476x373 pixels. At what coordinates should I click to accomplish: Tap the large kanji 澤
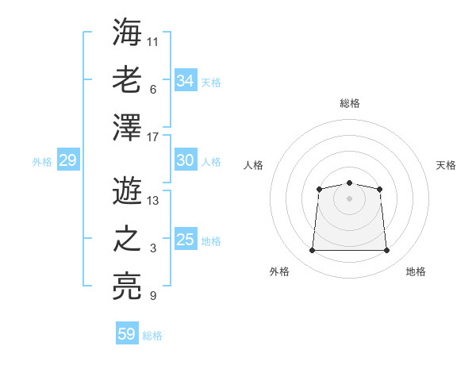coord(127,128)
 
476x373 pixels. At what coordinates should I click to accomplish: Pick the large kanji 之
coord(127,240)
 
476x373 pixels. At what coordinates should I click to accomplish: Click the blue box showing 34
coord(186,80)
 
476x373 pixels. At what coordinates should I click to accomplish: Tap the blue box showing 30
coord(186,160)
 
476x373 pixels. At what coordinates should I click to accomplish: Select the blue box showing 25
coord(186,240)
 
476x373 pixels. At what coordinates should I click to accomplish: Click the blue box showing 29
coord(67,160)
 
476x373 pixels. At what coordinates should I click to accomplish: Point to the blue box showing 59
coord(127,334)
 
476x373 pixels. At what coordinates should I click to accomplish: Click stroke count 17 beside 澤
coord(153,137)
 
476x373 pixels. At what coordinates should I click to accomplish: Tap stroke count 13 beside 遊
coord(153,200)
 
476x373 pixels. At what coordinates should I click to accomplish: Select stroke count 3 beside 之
coord(153,249)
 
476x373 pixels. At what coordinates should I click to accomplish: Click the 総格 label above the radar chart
coord(349,103)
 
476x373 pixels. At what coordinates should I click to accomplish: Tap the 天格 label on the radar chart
coord(446,165)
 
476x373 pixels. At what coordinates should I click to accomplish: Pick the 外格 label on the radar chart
coord(279,271)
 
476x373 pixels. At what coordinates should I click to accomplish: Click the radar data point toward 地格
coord(387,251)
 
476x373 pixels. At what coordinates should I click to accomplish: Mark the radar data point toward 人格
coord(319,189)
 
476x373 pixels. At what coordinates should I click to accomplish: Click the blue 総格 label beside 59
coord(152,335)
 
